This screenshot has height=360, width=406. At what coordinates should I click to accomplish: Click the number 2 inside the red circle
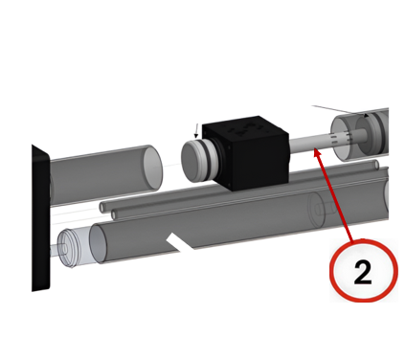363,272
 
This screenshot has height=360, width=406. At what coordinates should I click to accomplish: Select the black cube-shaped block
246,153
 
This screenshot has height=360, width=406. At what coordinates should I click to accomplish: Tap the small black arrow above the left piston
196,130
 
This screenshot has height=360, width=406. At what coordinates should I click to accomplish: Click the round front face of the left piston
192,162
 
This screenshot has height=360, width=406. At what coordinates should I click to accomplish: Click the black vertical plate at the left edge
40,218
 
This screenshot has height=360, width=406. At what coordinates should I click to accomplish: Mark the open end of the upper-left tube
153,167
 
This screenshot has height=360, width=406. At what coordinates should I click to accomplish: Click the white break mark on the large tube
181,241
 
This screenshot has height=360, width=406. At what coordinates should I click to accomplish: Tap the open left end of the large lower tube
98,244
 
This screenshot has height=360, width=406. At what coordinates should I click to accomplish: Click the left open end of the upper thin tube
102,207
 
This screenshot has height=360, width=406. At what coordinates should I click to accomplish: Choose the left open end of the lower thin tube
114,215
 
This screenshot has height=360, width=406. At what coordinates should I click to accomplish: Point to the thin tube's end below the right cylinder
376,165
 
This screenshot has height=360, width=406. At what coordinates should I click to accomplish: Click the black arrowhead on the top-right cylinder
367,115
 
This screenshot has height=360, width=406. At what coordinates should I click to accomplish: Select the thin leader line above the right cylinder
338,109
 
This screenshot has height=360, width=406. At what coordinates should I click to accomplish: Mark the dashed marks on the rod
341,138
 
